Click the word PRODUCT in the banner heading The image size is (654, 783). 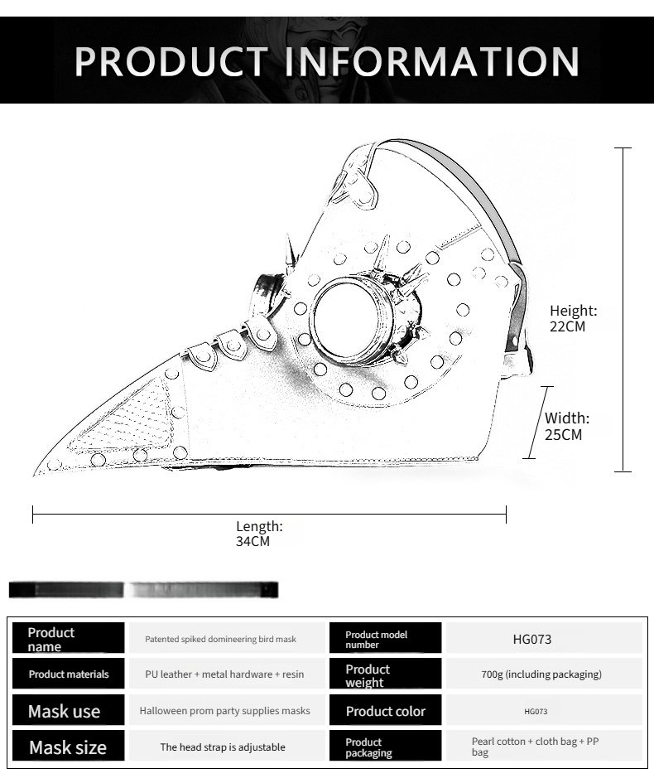pyautogui.click(x=171, y=61)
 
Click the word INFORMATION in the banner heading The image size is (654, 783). pyautogui.click(x=432, y=61)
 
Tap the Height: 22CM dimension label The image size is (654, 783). pyautogui.click(x=573, y=319)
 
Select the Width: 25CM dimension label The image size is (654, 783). pyautogui.click(x=567, y=426)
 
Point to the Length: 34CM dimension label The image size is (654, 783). pyautogui.click(x=259, y=534)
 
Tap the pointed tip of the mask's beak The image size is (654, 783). pyautogui.click(x=35, y=473)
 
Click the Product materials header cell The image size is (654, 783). pyautogui.click(x=69, y=674)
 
